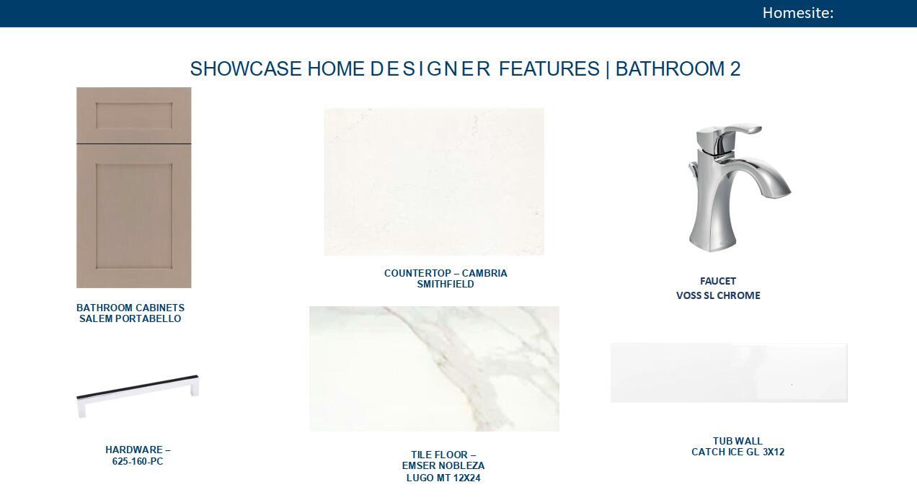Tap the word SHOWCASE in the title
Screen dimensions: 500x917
click(x=246, y=69)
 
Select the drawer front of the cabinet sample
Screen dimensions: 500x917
click(x=134, y=115)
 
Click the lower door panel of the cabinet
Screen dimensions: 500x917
click(x=134, y=215)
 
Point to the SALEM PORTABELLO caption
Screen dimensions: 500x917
click(x=130, y=319)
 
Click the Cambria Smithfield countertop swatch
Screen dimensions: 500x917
click(x=434, y=182)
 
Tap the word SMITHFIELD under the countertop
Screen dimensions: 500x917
click(x=446, y=285)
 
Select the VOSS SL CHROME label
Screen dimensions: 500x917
click(x=718, y=295)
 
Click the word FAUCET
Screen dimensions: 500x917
click(x=718, y=281)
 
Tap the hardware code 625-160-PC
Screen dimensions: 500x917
click(x=138, y=462)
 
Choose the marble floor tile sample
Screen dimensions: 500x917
click(x=434, y=369)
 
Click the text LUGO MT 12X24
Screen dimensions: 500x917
click(x=443, y=478)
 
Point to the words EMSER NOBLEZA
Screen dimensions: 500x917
click(x=443, y=466)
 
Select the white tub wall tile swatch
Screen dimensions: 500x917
click(x=729, y=372)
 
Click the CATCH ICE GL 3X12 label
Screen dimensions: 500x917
click(x=738, y=452)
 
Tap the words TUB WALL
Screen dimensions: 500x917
click(x=737, y=441)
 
